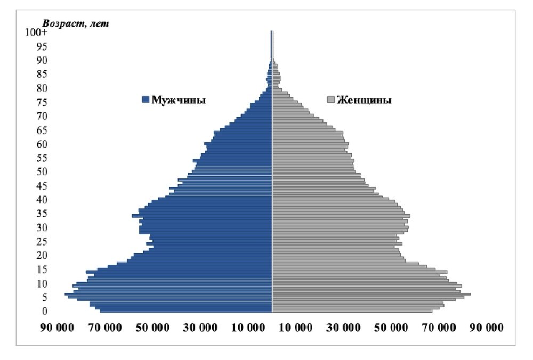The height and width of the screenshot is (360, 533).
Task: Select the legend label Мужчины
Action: (179, 100)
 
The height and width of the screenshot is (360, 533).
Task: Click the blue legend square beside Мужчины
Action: (146, 100)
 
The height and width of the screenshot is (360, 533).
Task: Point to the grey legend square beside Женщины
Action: (331, 100)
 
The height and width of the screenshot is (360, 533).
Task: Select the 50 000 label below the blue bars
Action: (152, 327)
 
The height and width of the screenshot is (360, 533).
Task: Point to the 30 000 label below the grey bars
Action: (343, 327)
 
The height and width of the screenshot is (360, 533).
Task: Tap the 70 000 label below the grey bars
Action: (438, 327)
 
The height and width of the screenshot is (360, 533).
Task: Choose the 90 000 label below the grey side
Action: (486, 327)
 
